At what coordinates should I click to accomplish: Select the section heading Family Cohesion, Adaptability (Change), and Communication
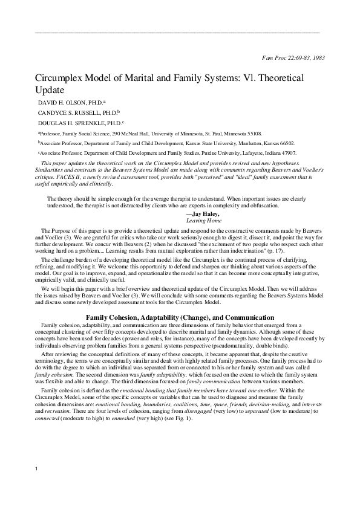tap(180, 317)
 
